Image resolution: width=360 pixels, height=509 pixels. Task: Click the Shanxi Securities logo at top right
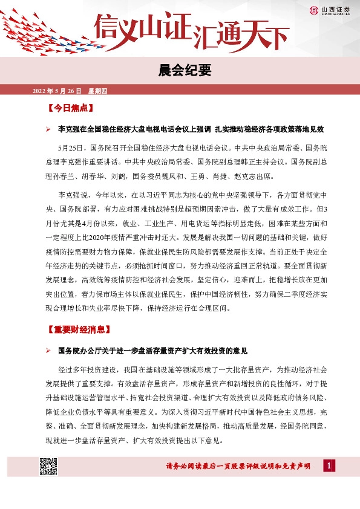pyautogui.click(x=333, y=10)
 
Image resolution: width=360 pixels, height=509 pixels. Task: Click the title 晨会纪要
pyautogui.click(x=180, y=71)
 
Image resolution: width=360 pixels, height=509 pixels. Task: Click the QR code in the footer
pyautogui.click(x=48, y=467)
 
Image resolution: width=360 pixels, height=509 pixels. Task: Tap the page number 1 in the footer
pyautogui.click(x=328, y=466)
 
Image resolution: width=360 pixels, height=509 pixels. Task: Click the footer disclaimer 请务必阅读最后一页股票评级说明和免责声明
pyautogui.click(x=238, y=467)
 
